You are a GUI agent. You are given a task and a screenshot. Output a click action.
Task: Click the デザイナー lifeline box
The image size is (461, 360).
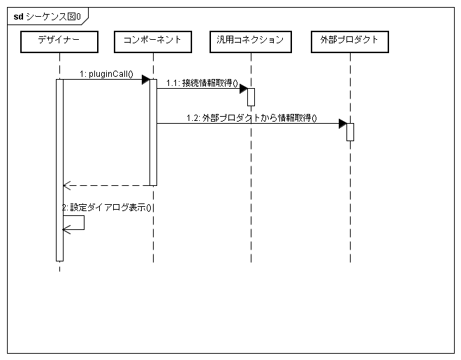59,41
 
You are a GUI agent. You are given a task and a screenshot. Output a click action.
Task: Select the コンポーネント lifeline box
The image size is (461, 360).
152,41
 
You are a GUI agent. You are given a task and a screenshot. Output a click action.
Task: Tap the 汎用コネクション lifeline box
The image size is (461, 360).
250,41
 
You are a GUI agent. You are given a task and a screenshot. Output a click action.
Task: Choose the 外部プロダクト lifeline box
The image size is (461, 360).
349,41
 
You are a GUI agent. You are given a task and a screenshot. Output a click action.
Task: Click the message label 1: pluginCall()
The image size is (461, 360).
106,73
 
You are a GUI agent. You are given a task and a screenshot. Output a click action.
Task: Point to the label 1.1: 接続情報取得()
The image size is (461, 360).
202,83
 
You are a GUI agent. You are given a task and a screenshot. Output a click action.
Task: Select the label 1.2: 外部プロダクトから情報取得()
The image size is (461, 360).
251,118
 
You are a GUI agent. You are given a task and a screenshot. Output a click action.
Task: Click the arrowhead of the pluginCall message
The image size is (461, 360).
145,80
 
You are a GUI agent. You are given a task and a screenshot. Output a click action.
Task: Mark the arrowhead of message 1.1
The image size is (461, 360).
244,89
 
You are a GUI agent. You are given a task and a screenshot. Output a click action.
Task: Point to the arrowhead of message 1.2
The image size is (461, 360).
343,124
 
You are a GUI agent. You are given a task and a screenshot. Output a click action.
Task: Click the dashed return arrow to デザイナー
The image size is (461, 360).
108,185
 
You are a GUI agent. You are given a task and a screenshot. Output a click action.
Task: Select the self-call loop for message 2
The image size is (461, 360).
75,222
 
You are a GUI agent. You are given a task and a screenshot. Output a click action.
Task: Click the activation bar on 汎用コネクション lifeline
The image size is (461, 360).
251,96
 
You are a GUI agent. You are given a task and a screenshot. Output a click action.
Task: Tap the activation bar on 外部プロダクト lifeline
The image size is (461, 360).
350,131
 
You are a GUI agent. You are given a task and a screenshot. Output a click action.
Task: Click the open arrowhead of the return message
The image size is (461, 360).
66,185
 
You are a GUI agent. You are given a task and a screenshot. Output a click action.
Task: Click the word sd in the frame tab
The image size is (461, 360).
18,15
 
